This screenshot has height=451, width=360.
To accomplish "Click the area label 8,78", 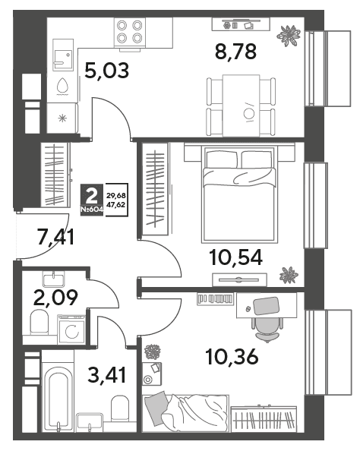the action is pyautogui.click(x=235, y=52).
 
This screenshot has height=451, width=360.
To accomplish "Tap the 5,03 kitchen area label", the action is pyautogui.click(x=107, y=71).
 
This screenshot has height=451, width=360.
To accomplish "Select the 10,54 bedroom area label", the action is pyautogui.click(x=236, y=257).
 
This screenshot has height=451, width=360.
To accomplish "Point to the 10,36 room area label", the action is pyautogui.click(x=232, y=358).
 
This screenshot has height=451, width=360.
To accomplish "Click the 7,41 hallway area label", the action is pyautogui.click(x=56, y=237).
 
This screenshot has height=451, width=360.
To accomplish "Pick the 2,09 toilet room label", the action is pyautogui.click(x=55, y=298).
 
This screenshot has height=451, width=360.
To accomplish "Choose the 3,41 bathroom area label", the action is pyautogui.click(x=107, y=375).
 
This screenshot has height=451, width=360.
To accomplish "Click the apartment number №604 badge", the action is pyautogui.click(x=92, y=210).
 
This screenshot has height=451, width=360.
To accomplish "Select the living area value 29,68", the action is pyautogui.click(x=116, y=196).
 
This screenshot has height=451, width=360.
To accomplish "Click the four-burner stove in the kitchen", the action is pyautogui.click(x=130, y=32).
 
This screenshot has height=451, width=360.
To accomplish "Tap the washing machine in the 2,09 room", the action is pyautogui.click(x=71, y=330).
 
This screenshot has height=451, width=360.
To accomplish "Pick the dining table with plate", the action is pyautogui.click(x=242, y=106).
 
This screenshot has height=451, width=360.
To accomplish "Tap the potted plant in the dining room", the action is pyautogui.click(x=289, y=36).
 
